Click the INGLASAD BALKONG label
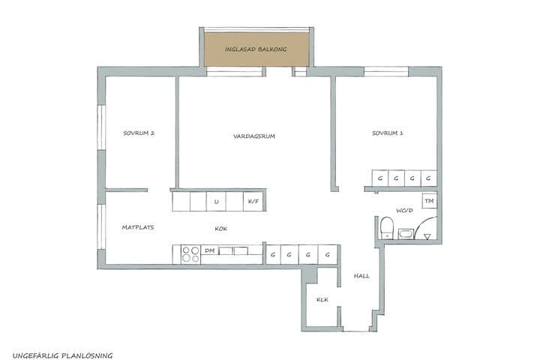257,49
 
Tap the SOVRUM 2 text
139,133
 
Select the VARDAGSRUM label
255,136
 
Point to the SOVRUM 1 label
388,133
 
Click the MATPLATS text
138,227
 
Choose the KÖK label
221,227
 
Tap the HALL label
361,276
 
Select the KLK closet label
322,300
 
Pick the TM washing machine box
429,202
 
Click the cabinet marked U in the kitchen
216,202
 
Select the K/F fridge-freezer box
253,202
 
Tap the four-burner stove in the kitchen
190,254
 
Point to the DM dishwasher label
210,250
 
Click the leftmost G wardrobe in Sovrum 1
380,178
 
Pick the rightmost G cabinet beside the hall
328,255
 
